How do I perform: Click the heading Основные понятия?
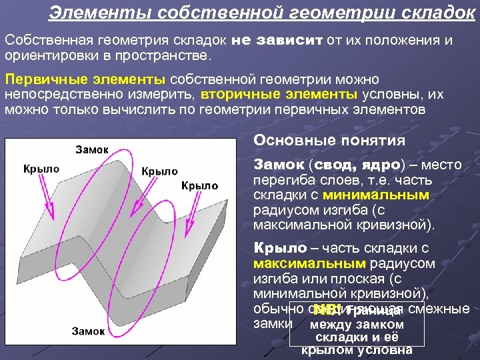coord(329,141)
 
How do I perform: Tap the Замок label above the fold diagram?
coord(91,150)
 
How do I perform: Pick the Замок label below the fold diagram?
coord(88,331)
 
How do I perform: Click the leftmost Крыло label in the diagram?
coord(41,169)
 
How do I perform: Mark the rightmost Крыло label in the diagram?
coord(199,185)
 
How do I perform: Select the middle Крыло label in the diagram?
coord(159,171)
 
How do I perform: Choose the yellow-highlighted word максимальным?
coord(309,263)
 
